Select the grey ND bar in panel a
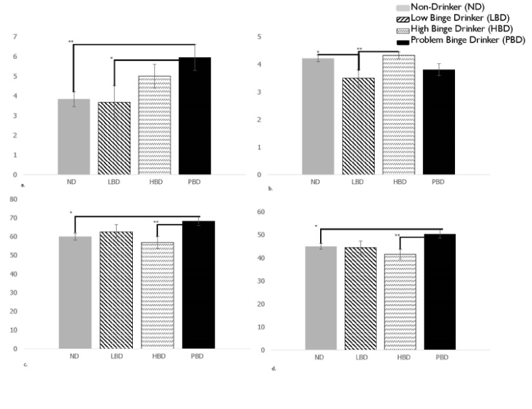coord(74,137)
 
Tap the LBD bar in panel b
coord(358,126)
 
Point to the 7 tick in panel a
coord(15,36)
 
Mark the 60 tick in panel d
coord(260,212)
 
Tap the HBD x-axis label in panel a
coord(155,183)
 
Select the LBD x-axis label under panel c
coord(116,357)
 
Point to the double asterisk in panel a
coord(70,42)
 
